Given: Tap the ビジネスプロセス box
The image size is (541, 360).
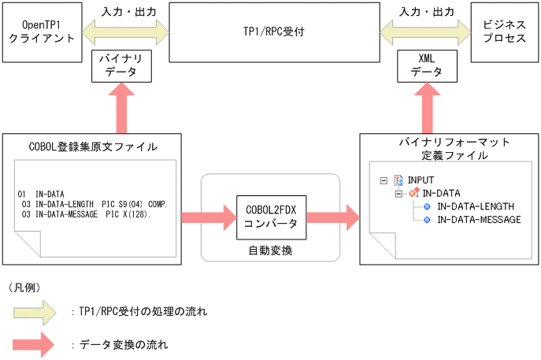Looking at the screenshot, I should (505, 32).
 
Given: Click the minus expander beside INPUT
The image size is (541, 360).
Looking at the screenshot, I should (384, 180).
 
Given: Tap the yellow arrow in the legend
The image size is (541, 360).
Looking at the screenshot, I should (34, 313).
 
